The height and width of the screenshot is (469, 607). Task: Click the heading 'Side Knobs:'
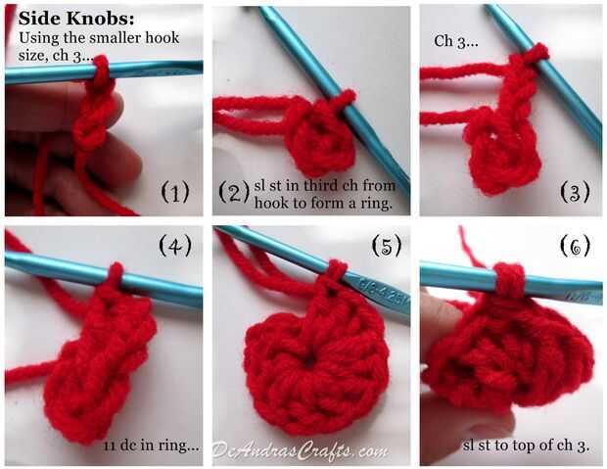point(76,19)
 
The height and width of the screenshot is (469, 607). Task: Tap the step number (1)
point(175,192)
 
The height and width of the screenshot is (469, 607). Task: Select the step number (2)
point(234,192)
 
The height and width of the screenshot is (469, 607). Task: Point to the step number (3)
point(576,192)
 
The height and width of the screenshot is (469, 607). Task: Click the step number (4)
point(175,246)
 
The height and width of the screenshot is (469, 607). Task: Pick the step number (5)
point(387,246)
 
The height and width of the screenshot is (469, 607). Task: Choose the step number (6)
point(576,246)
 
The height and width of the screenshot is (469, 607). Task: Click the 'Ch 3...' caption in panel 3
point(456,41)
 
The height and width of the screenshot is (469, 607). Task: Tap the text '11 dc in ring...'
point(151,446)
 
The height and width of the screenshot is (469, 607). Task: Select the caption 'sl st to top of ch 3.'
point(526,446)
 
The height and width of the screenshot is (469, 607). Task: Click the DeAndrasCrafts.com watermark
point(300,451)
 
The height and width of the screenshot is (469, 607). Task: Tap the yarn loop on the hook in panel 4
point(116,275)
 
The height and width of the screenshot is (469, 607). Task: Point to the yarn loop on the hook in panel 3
point(537,53)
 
